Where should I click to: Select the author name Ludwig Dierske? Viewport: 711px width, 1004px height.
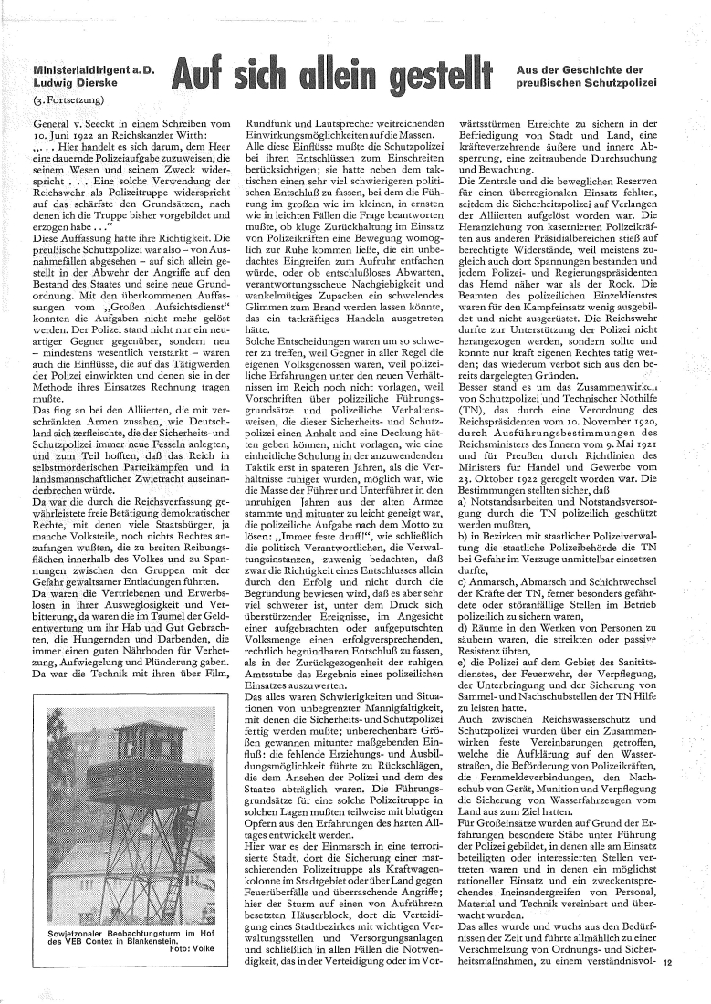tap(66, 83)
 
